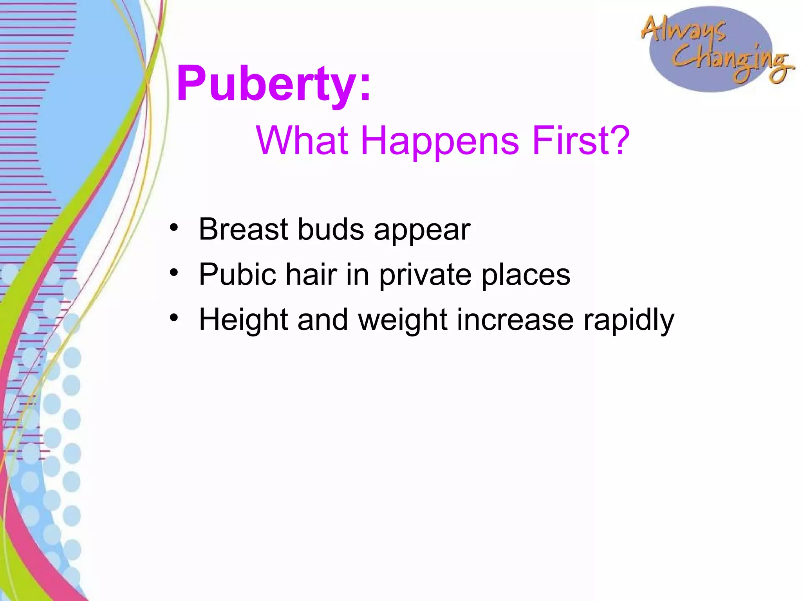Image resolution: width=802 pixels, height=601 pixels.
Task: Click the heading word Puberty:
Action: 273,84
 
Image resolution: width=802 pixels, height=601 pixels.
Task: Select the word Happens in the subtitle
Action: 440,141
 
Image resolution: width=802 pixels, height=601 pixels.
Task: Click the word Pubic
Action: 237,274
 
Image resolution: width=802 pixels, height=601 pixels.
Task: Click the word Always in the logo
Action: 683,29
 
